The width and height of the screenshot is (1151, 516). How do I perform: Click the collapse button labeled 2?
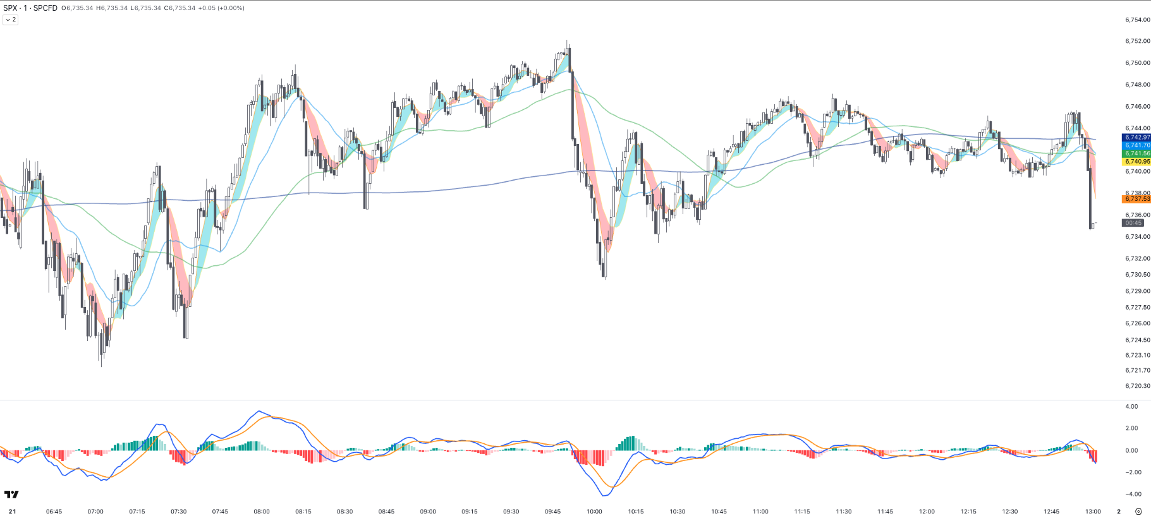tap(11, 20)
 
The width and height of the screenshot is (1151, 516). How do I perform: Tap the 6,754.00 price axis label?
tap(1137, 20)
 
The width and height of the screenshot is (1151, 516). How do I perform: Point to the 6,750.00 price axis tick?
tap(1137, 63)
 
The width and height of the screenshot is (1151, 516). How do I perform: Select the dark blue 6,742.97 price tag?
tap(1136, 137)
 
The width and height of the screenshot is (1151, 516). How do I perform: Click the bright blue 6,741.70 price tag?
tap(1136, 145)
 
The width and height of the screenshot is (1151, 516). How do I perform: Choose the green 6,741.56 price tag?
tap(1136, 153)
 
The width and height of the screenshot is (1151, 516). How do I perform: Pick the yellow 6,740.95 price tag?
tap(1136, 162)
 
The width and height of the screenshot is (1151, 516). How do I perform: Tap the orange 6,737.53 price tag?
tap(1136, 199)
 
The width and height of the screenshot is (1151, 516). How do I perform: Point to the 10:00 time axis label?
tap(594, 512)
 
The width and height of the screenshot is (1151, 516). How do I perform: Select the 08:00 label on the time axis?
tap(262, 512)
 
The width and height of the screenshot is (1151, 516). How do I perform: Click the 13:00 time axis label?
tap(1093, 512)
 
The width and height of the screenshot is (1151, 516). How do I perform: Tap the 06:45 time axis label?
tap(54, 512)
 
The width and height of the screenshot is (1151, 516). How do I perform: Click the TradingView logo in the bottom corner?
tap(11, 495)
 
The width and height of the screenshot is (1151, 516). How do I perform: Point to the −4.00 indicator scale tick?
tap(1131, 495)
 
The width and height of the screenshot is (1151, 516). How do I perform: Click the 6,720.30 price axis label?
tap(1137, 386)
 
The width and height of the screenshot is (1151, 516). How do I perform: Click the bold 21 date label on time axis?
tap(12, 512)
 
